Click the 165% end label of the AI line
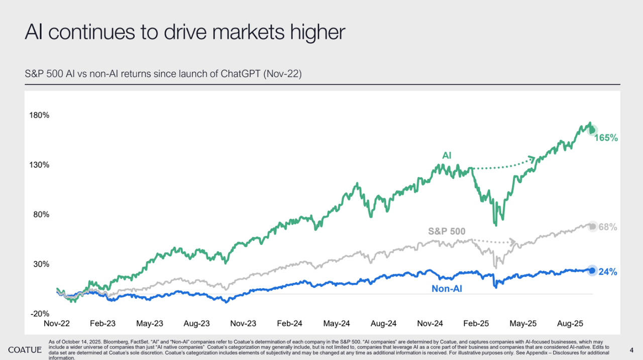(606, 137)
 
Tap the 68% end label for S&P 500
(608, 227)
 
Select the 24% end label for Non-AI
(608, 272)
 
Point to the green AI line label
(447, 156)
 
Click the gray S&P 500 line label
(447, 231)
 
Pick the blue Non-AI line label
(447, 289)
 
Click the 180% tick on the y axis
(39, 115)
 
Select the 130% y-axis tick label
(39, 165)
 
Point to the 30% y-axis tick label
(40, 264)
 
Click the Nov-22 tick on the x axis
(57, 324)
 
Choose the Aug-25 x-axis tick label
(570, 324)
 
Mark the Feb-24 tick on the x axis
(290, 324)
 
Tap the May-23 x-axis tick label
(150, 324)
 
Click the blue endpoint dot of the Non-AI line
(592, 271)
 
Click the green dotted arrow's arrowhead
(532, 160)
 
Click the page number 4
(631, 349)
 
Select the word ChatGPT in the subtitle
(238, 74)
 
